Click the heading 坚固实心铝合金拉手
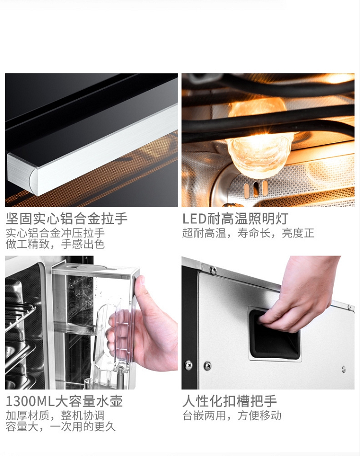(x=67, y=219)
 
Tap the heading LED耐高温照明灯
(x=236, y=219)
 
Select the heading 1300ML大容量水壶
(x=64, y=401)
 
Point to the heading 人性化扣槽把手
(x=229, y=401)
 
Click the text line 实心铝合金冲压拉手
(x=55, y=233)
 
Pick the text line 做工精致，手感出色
(x=55, y=244)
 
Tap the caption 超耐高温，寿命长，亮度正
(x=249, y=233)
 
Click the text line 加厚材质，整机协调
(x=55, y=416)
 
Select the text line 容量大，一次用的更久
(x=61, y=427)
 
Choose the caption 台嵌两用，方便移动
(x=232, y=416)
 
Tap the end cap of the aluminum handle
(x=21, y=175)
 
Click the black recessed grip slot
(x=274, y=334)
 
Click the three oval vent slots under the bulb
(x=256, y=188)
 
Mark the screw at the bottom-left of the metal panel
(x=188, y=364)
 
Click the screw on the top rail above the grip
(x=213, y=270)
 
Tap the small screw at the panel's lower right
(x=344, y=369)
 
